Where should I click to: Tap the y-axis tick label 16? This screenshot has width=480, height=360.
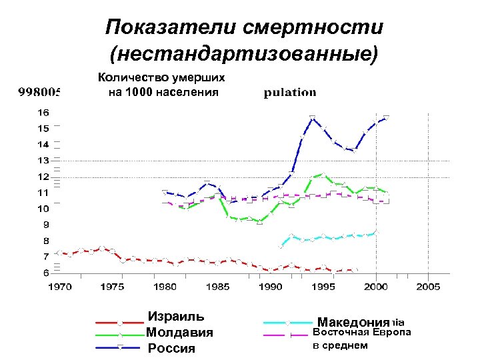pyautogui.click(x=41, y=112)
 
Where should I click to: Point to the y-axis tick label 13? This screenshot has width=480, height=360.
pyautogui.click(x=41, y=160)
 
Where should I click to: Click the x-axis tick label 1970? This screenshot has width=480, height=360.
pyautogui.click(x=59, y=287)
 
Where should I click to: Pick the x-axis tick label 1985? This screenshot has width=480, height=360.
pyautogui.click(x=217, y=287)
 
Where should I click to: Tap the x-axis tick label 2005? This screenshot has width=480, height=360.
pyautogui.click(x=428, y=287)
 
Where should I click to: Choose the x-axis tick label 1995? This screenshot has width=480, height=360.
pyautogui.click(x=323, y=287)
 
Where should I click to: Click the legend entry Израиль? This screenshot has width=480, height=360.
pyautogui.click(x=175, y=317)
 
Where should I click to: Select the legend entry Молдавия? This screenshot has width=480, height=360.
pyautogui.click(x=179, y=332)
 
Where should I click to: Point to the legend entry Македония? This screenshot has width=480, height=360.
pyautogui.click(x=353, y=322)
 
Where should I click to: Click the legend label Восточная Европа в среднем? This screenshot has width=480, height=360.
pyautogui.click(x=361, y=338)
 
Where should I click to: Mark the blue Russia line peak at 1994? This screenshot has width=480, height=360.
pyautogui.click(x=313, y=117)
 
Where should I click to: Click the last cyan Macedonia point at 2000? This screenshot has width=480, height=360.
pyautogui.click(x=376, y=231)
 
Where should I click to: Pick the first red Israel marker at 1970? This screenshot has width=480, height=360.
pyautogui.click(x=59, y=252)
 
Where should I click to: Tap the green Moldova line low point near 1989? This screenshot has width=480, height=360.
pyautogui.click(x=260, y=222)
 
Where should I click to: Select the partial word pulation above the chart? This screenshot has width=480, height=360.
pyautogui.click(x=290, y=92)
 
